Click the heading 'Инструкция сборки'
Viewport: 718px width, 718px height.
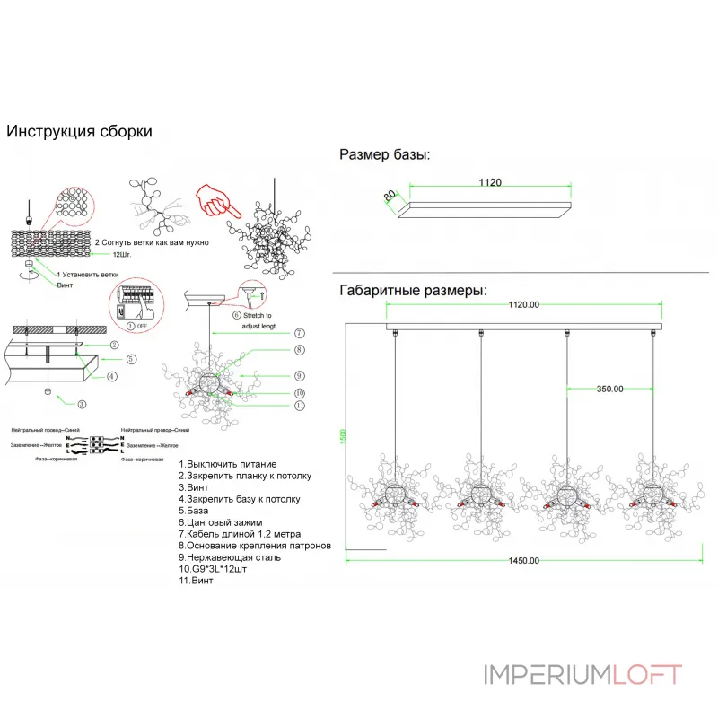[x=79, y=131]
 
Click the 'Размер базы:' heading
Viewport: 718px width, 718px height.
[x=384, y=154]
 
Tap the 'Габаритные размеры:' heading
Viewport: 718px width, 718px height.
[x=414, y=291]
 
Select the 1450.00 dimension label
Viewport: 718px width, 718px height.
[x=524, y=560]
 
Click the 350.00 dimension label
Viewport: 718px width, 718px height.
[x=609, y=390]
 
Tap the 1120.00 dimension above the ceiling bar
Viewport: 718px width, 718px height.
[x=523, y=304]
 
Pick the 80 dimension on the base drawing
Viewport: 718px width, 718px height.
[x=390, y=195]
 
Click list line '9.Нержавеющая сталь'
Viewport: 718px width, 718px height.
[x=229, y=556]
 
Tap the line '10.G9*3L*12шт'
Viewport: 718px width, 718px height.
[x=219, y=568]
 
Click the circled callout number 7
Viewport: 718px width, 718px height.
[x=299, y=333]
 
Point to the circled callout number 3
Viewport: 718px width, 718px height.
[x=82, y=404]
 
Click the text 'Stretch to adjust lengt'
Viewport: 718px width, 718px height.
[x=262, y=321]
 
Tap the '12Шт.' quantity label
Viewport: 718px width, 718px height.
[x=110, y=255]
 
